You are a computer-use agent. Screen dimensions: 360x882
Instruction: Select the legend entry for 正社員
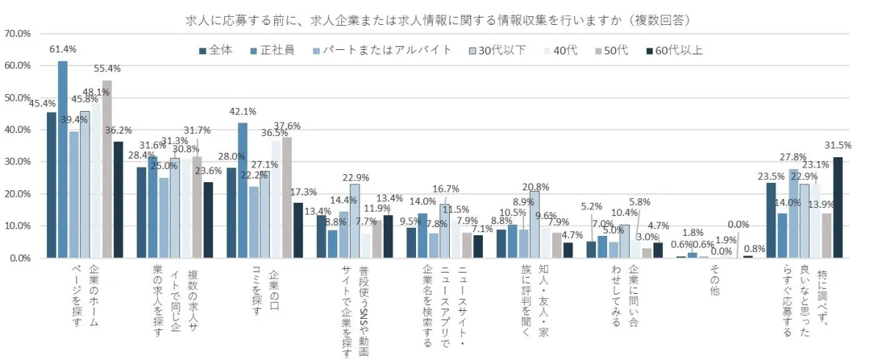click(x=273, y=51)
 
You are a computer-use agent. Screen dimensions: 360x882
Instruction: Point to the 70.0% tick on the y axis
click(x=18, y=34)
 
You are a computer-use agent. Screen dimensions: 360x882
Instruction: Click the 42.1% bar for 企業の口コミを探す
click(x=242, y=190)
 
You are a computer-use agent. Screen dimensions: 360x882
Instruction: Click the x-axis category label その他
click(x=714, y=281)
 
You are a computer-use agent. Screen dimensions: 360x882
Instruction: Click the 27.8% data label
click(x=795, y=157)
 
